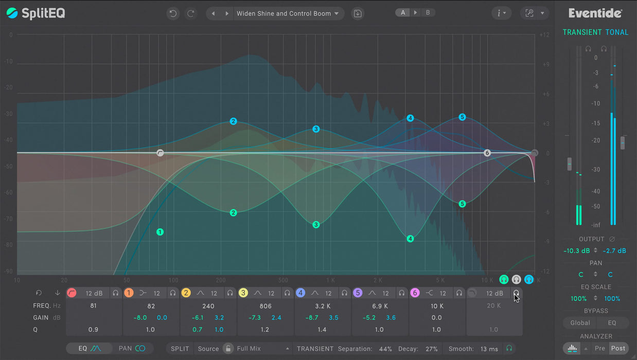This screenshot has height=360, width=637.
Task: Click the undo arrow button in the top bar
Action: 173,13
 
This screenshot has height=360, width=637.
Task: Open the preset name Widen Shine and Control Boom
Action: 284,13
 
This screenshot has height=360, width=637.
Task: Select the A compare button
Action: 403,12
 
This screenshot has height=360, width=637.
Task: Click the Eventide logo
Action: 595,13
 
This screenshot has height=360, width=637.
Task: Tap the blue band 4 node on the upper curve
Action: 410,118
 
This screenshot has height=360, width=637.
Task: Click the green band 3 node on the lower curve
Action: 316,225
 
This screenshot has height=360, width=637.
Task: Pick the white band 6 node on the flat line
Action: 487,153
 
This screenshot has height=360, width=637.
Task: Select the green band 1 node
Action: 160,232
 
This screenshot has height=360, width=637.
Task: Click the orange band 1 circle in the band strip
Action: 129,293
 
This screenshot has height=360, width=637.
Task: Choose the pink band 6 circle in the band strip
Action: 415,293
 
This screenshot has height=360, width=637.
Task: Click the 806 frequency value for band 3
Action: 266,306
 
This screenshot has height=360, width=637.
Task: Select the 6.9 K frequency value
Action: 380,306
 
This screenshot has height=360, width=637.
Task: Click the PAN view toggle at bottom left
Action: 132,348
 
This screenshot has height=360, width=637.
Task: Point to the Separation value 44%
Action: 385,349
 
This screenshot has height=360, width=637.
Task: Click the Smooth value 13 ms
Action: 489,349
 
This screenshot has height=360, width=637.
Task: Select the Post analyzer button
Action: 618,348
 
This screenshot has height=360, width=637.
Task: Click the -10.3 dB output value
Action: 576,251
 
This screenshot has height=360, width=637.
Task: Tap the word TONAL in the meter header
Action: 616,32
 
